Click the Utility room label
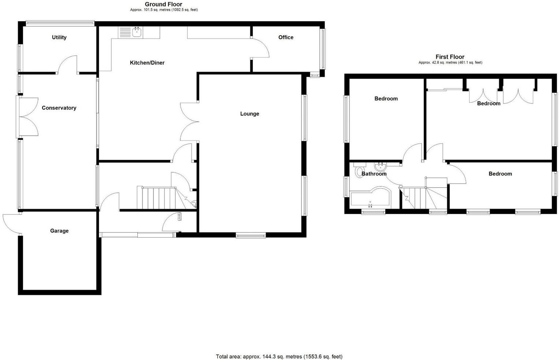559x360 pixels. coord(59,37)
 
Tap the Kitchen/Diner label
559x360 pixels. coord(147,63)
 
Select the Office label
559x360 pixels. coord(286,37)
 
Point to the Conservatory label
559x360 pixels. coord(59,108)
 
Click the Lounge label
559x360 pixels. coord(249,114)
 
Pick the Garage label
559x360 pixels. coord(59,231)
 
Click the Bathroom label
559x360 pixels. coord(374,174)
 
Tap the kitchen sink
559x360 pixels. coord(137,32)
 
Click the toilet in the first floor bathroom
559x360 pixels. coord(359,171)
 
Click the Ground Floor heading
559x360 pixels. coord(164,4)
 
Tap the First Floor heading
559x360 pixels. coord(450,57)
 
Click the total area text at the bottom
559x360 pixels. coord(279,356)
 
